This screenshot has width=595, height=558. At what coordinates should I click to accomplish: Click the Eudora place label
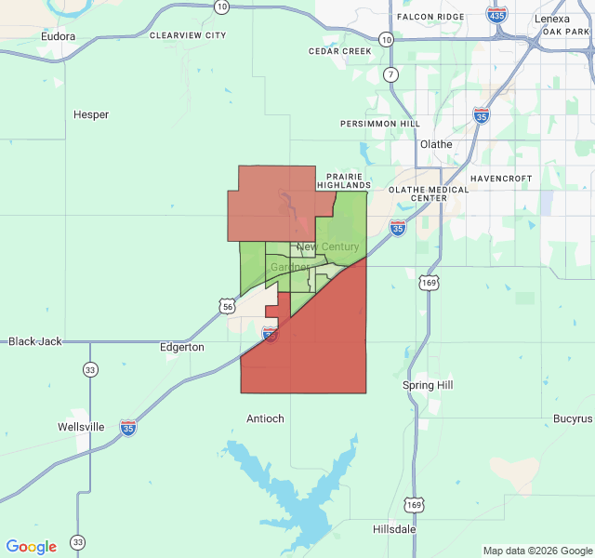tap(58, 37)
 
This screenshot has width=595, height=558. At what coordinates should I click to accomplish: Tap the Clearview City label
tap(188, 35)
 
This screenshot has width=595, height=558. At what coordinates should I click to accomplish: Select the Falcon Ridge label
tap(430, 17)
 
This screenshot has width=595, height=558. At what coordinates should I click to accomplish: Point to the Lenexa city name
tap(552, 19)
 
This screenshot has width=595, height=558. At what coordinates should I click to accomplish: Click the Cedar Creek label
tap(340, 51)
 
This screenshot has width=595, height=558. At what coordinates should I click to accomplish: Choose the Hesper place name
tap(91, 115)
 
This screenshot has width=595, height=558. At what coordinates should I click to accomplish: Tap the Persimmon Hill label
tap(380, 123)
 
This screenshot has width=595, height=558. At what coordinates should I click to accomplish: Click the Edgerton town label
tap(181, 347)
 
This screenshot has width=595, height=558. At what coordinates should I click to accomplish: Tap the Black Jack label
tap(35, 341)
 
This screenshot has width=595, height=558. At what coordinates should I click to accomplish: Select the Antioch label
tap(265, 418)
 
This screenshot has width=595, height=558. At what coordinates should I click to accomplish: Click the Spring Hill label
tap(427, 385)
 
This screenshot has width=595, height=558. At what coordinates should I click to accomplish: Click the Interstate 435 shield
tap(496, 14)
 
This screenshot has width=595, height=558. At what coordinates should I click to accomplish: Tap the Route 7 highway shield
tap(390, 74)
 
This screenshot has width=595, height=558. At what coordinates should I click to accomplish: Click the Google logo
tap(32, 547)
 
